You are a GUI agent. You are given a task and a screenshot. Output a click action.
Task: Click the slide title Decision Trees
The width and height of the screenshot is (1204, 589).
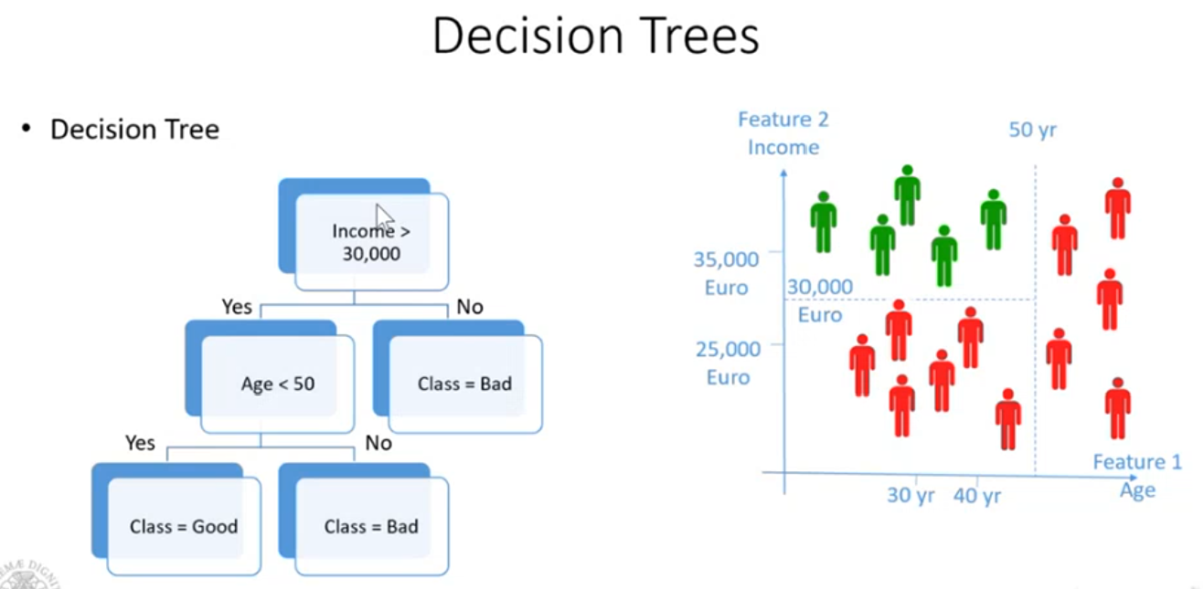595,37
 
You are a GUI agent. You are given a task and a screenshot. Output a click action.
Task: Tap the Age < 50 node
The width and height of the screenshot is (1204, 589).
277,384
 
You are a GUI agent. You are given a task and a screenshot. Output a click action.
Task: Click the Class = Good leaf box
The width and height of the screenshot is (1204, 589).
183,526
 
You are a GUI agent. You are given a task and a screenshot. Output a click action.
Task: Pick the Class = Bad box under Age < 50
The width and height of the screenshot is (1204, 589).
370,526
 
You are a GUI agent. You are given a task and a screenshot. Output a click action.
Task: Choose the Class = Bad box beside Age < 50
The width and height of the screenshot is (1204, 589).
464,384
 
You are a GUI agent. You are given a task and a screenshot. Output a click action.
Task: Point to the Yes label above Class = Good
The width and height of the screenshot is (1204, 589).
140,443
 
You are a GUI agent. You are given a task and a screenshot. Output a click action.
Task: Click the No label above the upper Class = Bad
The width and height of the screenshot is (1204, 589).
469,307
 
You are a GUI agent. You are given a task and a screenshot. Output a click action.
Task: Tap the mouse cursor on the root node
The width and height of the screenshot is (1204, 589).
384,220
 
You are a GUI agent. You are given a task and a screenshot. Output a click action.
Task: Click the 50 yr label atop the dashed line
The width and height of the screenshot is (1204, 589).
1032,130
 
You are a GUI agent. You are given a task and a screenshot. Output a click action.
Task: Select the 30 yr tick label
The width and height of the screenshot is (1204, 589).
911,495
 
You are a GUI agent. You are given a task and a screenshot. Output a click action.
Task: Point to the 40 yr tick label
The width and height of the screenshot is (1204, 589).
977,495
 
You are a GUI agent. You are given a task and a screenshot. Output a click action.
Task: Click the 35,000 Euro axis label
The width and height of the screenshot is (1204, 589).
727,272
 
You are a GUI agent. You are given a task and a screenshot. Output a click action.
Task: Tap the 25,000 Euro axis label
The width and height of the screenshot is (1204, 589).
727,362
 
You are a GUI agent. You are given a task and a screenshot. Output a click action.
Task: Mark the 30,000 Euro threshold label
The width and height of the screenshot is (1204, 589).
819,300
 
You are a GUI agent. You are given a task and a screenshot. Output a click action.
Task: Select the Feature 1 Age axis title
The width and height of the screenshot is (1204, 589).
1137,476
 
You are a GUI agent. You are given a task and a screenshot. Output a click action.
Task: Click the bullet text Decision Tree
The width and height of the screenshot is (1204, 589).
134,130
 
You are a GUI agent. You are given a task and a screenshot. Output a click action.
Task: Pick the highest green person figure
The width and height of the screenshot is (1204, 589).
907,195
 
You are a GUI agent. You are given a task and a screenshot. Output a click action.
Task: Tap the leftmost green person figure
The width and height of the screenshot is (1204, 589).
824,222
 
